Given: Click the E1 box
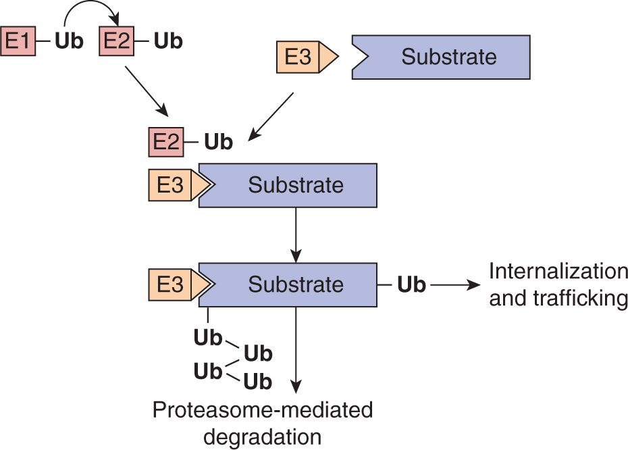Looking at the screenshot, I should [18, 41].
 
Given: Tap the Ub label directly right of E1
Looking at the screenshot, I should [69, 41].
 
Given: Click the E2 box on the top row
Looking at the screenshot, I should [115, 41].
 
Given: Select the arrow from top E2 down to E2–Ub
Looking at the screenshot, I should [145, 92].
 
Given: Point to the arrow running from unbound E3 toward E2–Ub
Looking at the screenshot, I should [271, 116].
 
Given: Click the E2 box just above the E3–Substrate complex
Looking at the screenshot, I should [165, 143].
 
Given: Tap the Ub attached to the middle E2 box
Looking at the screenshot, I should [218, 143].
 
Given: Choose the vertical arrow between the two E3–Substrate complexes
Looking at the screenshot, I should [296, 234].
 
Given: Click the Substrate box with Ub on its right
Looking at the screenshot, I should [296, 284].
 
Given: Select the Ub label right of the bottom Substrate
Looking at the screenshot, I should [411, 284].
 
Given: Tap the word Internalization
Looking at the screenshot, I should [558, 272].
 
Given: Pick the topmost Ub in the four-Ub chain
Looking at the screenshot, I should [208, 337].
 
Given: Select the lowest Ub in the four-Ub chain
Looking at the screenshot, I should [257, 382].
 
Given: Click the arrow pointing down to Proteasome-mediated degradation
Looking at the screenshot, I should [296, 351].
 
